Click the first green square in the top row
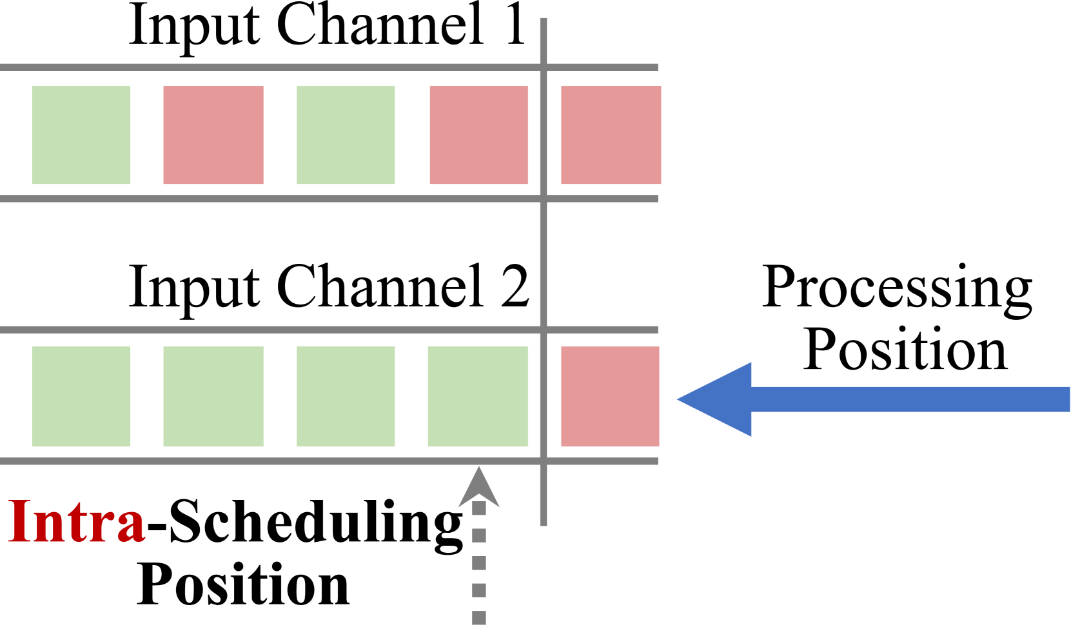point(81,135)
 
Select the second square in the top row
point(213,135)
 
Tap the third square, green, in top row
point(346,135)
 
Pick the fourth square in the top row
point(478,135)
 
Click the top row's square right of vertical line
point(611,135)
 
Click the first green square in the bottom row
point(81,396)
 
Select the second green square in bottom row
point(213,396)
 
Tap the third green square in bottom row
point(346,396)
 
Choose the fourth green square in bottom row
point(478,396)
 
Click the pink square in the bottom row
point(610,396)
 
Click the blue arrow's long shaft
point(909,399)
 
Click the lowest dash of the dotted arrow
point(479,618)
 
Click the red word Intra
point(77,521)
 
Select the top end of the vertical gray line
point(544,21)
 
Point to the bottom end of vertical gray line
point(544,523)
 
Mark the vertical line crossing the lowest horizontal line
point(544,461)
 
